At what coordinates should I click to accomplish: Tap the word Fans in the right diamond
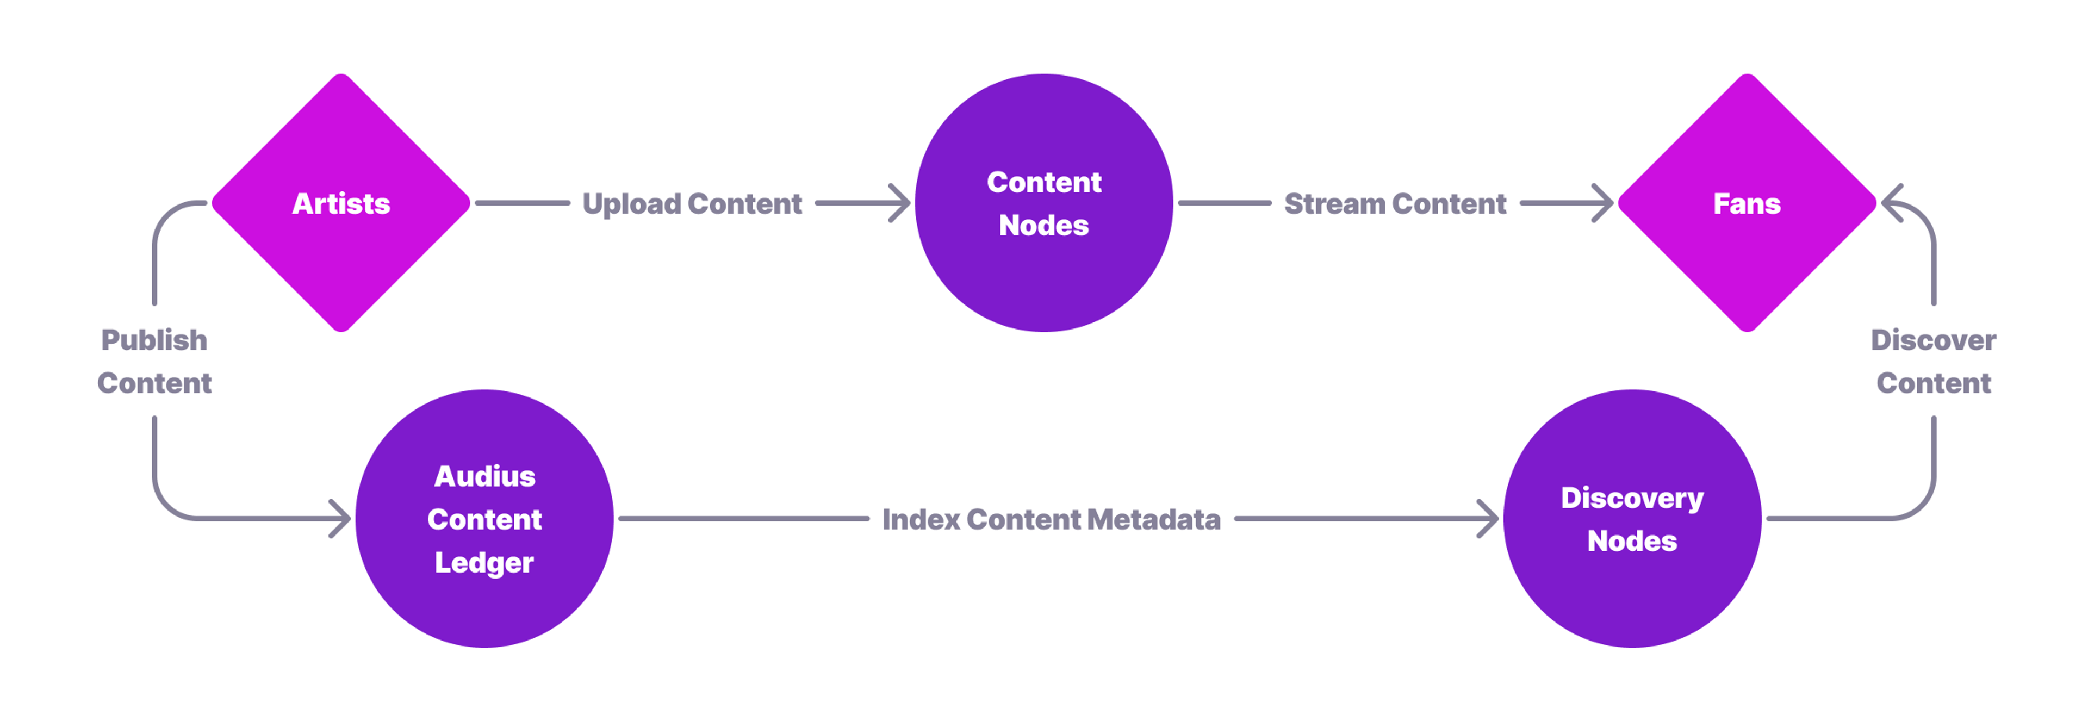1747,203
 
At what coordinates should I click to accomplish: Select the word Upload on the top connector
631,204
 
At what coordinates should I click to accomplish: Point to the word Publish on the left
154,340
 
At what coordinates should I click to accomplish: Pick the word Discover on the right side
1933,340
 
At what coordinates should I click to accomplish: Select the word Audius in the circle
484,476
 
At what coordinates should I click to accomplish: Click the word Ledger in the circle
484,563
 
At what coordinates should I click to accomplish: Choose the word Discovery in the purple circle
1632,498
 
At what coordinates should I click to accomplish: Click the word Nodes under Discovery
1632,541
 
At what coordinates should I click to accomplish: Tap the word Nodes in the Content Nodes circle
1043,225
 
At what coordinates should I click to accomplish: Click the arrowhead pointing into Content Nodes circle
902,203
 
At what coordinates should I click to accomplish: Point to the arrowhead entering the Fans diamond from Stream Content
1605,203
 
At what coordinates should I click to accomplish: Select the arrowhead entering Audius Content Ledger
342,519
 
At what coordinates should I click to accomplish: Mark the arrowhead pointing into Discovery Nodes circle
1490,519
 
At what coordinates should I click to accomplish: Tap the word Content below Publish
154,383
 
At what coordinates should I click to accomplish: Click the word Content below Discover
1933,383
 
